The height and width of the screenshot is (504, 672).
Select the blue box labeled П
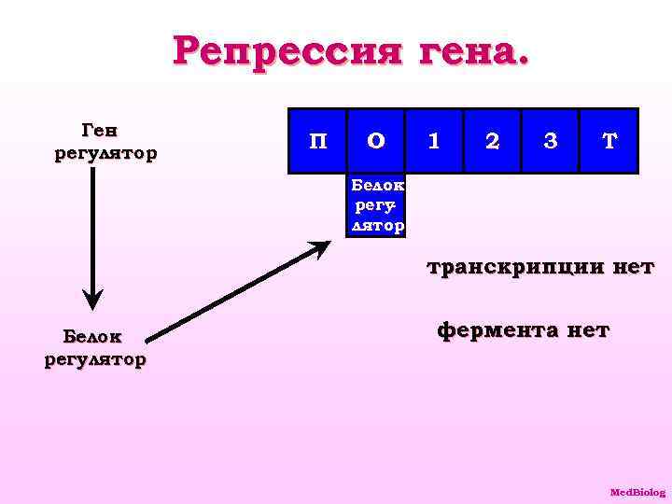317,142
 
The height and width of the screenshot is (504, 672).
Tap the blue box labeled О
375,142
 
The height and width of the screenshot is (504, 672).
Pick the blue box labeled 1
433,142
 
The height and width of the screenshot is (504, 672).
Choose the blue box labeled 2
492,142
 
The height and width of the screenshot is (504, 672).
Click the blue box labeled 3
551,142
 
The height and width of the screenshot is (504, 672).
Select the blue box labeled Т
609,142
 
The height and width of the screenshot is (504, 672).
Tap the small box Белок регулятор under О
377,205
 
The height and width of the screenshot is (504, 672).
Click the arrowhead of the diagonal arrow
320,248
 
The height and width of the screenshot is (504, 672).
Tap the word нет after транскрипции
634,269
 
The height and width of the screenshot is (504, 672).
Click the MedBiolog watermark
637,492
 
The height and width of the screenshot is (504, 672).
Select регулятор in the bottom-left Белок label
94,359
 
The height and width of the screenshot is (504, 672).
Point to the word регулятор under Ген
105,152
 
